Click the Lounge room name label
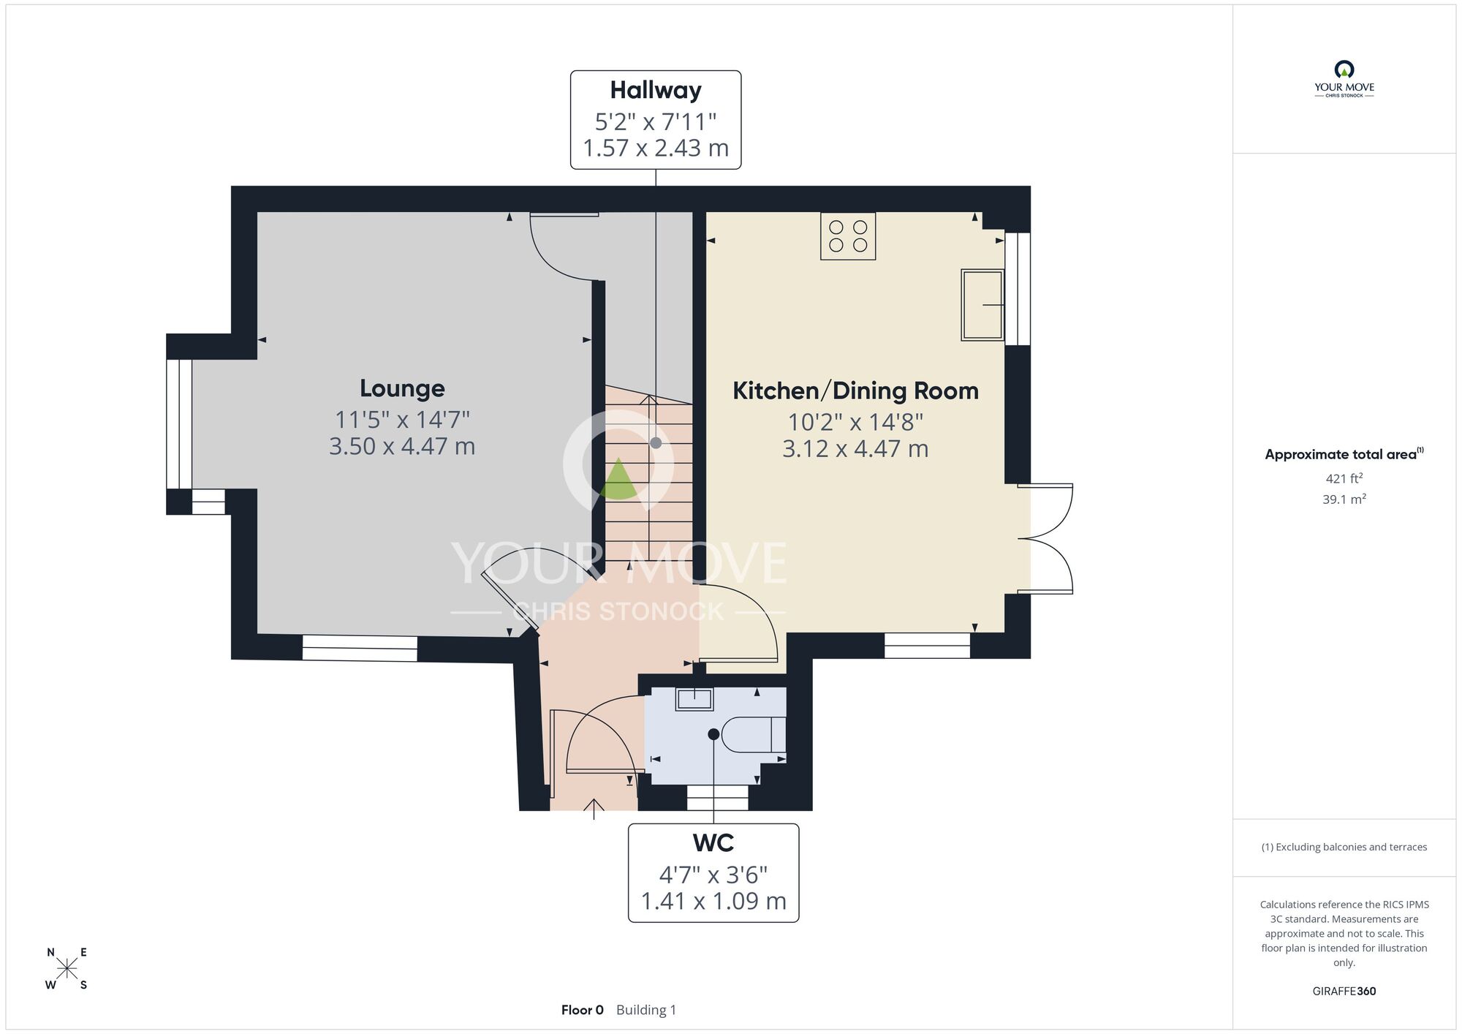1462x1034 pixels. (402, 388)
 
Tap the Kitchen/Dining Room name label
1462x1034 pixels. (855, 390)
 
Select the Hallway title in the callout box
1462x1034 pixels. (656, 90)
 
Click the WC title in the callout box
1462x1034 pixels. (713, 843)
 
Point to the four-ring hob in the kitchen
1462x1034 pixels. (848, 236)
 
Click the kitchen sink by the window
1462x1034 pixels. (982, 305)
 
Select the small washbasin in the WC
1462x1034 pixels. (694, 699)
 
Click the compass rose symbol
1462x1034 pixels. (67, 969)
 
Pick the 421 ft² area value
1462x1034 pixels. (1344, 478)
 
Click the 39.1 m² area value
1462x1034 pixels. (1344, 499)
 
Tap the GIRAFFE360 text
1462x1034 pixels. (1344, 991)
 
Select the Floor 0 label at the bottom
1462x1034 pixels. (582, 1010)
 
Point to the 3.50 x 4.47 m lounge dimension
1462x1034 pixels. (402, 446)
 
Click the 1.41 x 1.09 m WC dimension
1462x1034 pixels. (713, 901)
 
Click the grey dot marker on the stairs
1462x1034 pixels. (656, 443)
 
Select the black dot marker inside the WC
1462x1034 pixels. (713, 734)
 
